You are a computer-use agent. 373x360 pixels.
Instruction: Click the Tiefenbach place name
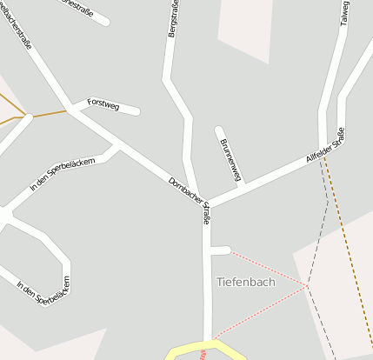pos(245,282)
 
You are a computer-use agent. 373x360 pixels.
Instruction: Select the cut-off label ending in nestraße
pos(77,5)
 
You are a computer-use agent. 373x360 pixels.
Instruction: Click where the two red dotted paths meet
pos(306,285)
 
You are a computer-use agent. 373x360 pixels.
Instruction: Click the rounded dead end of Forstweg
pos(137,110)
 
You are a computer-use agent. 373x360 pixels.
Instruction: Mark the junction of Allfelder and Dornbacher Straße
pos(206,205)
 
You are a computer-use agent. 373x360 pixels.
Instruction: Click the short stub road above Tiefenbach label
pos(221,251)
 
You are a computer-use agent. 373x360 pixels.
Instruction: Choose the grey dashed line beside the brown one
pos(318,252)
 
